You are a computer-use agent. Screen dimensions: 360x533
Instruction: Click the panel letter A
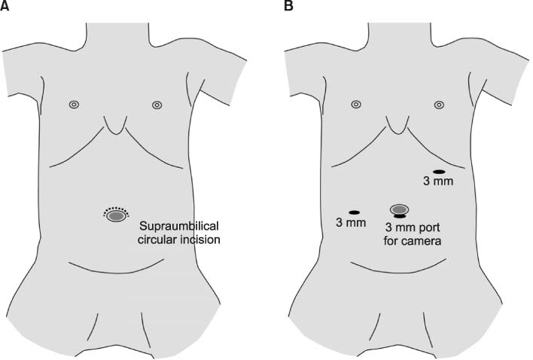6,7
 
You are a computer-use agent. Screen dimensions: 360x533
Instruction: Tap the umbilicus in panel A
116,216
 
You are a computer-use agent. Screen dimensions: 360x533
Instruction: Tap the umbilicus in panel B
400,209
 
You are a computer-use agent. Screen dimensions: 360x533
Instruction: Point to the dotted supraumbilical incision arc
116,208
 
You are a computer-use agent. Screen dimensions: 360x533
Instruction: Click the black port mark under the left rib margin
439,172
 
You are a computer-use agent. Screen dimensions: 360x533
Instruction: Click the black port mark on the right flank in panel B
353,212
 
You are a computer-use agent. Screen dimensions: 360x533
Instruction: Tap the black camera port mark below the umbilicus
400,217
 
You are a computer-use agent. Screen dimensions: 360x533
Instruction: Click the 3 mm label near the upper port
438,182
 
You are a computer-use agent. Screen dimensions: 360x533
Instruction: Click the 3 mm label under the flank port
350,223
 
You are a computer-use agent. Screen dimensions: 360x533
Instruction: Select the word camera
422,242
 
